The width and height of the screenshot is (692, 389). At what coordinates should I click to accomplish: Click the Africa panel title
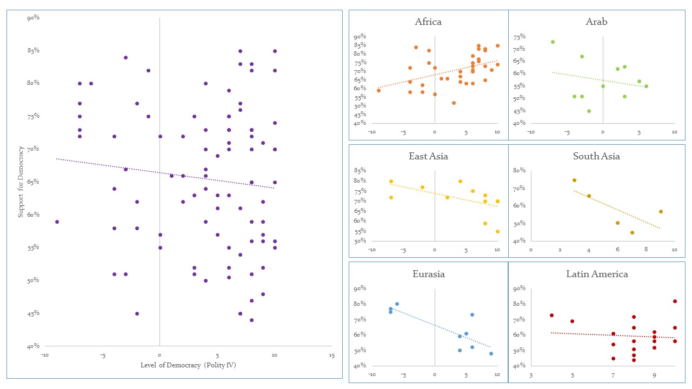click(428, 22)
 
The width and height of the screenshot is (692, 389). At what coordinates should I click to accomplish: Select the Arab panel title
click(596, 22)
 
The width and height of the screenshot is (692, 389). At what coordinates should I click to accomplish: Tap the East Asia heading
click(428, 157)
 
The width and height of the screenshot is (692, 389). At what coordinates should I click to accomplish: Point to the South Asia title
click(596, 157)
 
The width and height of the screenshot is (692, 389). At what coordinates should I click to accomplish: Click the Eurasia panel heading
click(428, 274)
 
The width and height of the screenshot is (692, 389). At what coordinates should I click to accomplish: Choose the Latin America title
click(597, 274)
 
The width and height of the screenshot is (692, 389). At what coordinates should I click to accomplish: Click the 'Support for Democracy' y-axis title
click(21, 182)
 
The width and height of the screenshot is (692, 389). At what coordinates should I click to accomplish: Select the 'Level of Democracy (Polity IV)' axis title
click(188, 366)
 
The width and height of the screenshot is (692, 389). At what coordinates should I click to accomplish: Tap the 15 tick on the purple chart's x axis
click(331, 356)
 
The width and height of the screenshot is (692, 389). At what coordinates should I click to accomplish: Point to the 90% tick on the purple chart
click(33, 18)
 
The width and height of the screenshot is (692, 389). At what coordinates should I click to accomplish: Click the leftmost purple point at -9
click(57, 222)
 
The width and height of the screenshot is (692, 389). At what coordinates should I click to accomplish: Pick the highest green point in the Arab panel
click(553, 42)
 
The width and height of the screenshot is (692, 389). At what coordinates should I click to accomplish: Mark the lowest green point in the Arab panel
click(589, 111)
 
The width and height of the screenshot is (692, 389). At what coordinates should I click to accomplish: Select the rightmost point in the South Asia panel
click(661, 212)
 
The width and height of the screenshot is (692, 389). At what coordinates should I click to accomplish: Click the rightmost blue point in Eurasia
click(491, 354)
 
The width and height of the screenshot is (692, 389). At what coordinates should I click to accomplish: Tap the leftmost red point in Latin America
click(551, 316)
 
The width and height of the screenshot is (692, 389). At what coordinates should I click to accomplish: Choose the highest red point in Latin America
click(675, 301)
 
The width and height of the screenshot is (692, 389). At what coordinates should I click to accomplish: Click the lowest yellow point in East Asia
click(497, 232)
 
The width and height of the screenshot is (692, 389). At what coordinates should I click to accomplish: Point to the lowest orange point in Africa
click(454, 103)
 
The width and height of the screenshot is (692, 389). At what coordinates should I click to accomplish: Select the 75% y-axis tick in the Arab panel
click(520, 37)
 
